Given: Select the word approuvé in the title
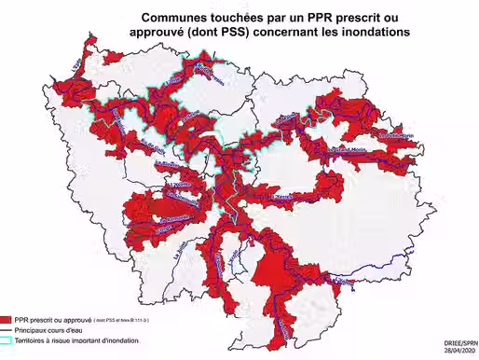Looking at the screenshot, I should point(159,32).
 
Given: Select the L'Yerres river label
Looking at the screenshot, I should point(285,198).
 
